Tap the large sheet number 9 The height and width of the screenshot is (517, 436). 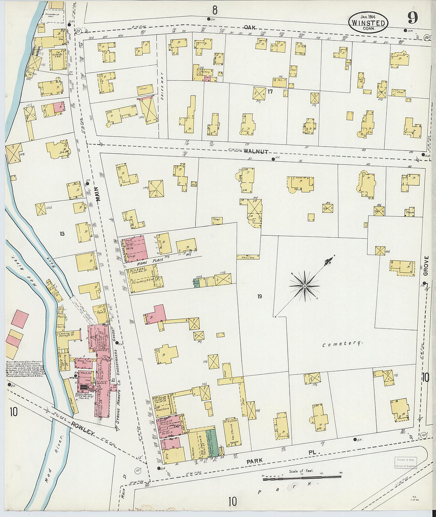pos(413,18)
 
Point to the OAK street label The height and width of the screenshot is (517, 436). pos(249,27)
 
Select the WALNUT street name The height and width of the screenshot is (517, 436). pos(256,151)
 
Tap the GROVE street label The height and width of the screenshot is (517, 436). pos(426,265)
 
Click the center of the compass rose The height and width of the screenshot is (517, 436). pos(304,286)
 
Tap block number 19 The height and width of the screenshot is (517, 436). pos(259,296)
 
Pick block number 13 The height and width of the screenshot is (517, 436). pos(62,234)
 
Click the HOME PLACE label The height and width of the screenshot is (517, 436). pos(142,263)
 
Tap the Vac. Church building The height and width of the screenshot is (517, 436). pos(232,431)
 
